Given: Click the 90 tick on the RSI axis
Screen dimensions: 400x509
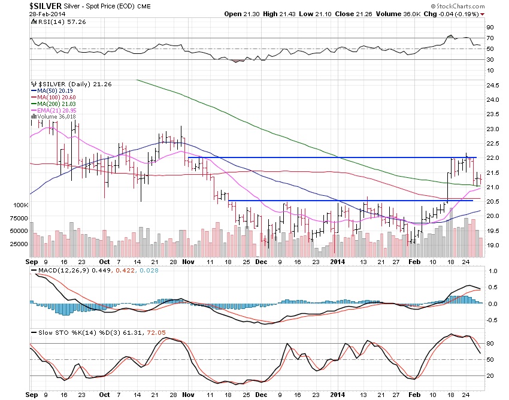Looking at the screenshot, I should click(x=489, y=27).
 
